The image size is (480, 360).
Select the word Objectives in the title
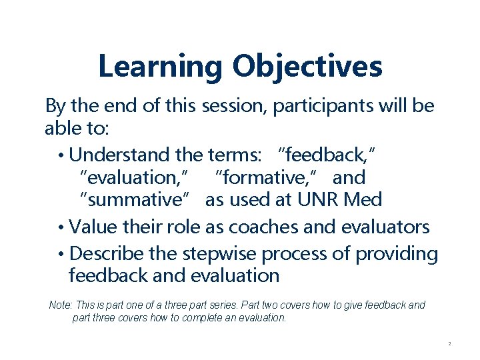point(307,67)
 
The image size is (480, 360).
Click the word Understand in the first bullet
point(119,155)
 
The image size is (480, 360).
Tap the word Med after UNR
point(363,200)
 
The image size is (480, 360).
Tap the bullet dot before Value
point(61,227)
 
